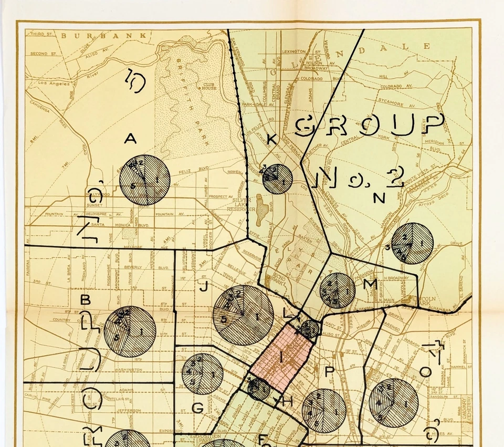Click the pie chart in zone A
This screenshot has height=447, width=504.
click(x=144, y=180)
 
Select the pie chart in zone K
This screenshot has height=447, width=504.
click(x=277, y=179)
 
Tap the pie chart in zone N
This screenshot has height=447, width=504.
click(x=412, y=243)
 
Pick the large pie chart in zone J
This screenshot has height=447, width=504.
click(x=243, y=315)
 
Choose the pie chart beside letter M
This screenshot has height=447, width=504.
click(x=338, y=290)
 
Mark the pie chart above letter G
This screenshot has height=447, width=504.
click(x=202, y=374)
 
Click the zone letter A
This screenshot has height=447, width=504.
click(x=130, y=139)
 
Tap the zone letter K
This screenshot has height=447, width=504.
click(x=271, y=139)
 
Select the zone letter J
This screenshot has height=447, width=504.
click(x=205, y=287)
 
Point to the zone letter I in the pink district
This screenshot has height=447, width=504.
click(x=281, y=357)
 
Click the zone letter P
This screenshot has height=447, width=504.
click(x=329, y=371)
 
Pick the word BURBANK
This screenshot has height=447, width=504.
click(x=104, y=36)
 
